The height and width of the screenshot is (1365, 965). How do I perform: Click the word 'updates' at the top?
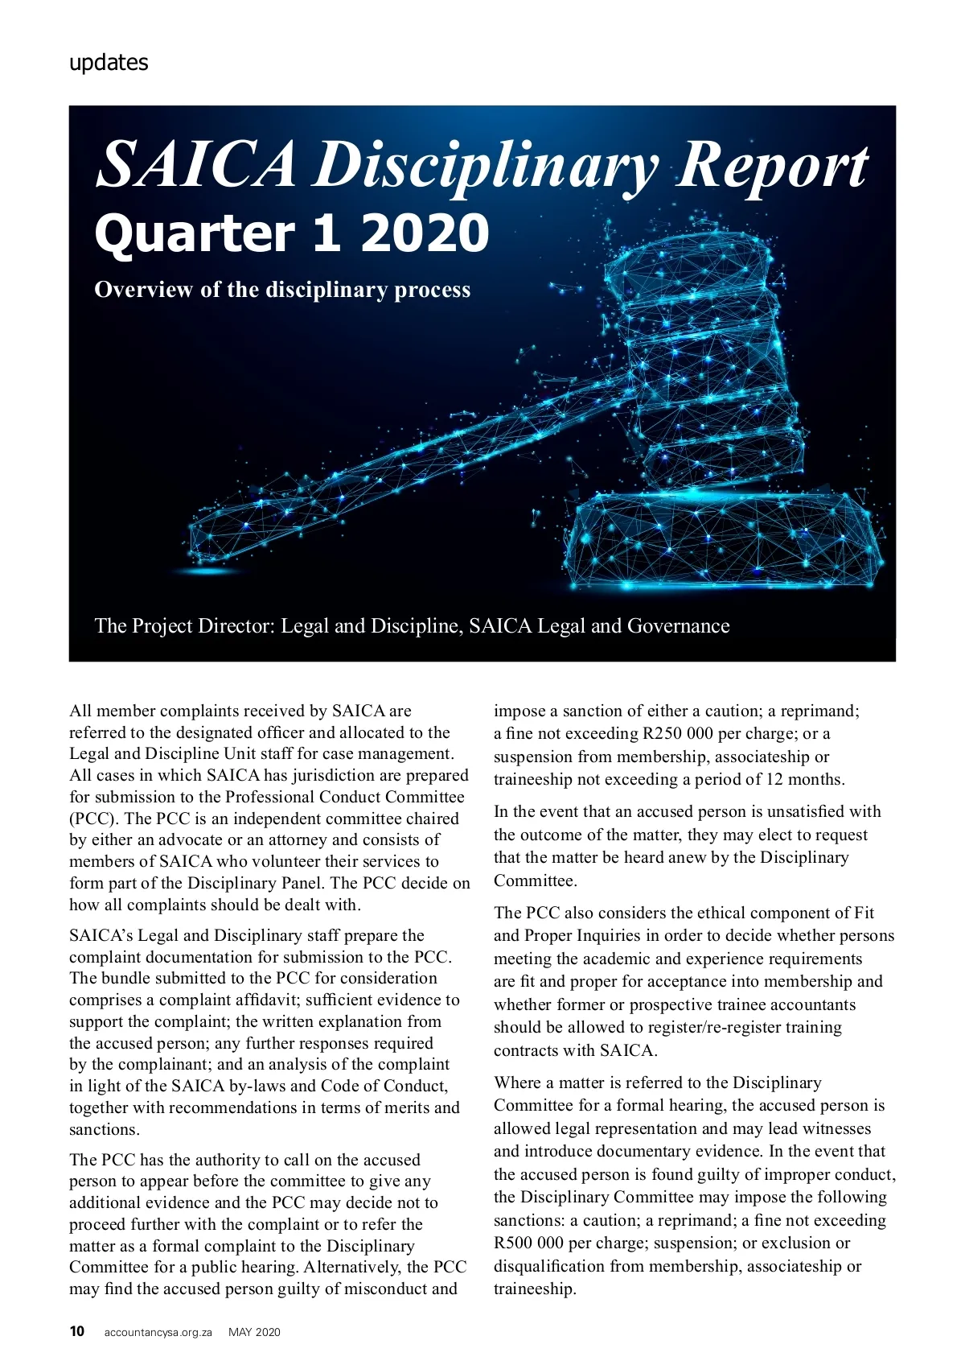click(109, 63)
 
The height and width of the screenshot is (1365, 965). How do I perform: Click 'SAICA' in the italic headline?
click(197, 165)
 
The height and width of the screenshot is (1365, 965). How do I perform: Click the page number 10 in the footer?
click(77, 1331)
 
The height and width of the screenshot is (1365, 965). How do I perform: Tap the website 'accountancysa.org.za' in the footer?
click(158, 1332)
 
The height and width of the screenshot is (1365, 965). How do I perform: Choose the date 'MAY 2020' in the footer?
click(254, 1332)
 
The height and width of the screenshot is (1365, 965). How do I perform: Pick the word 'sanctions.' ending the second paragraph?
click(105, 1129)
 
